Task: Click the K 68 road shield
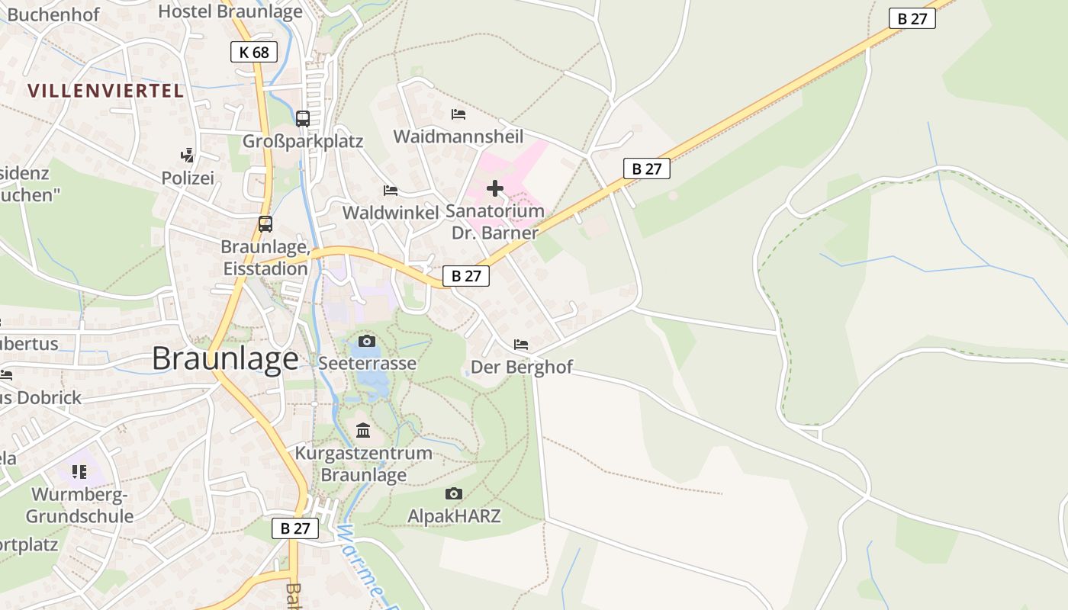tap(254, 52)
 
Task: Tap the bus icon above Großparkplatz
tap(303, 118)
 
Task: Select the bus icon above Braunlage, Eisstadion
tap(265, 224)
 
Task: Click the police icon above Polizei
tap(187, 156)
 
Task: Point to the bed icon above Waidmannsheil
tap(458, 114)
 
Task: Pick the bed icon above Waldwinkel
tap(391, 190)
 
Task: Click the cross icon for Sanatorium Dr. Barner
tap(495, 188)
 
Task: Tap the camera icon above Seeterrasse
tap(367, 341)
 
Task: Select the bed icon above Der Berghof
tap(521, 345)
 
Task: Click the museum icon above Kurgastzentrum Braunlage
tap(363, 431)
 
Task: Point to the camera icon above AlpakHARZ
tap(454, 494)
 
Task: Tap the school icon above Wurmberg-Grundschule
tap(79, 472)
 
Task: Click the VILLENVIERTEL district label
tap(106, 91)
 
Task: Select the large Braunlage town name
tap(225, 358)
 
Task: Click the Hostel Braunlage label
tap(230, 11)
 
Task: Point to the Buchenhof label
tap(53, 14)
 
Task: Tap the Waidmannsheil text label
tap(458, 136)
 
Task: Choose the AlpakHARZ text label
tap(454, 516)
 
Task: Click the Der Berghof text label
tap(522, 367)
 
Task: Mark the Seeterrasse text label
tap(368, 363)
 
